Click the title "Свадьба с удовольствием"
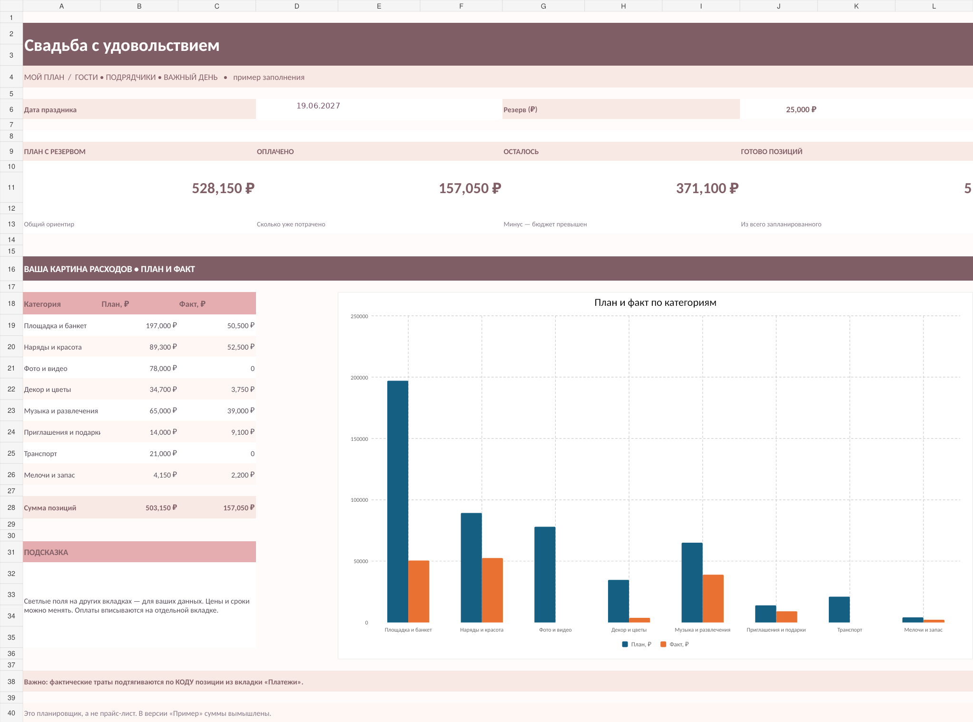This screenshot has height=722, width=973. tap(122, 46)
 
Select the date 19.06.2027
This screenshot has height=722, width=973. tap(318, 106)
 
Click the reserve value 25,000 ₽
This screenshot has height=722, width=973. tap(801, 109)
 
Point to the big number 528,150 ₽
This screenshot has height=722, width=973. tap(223, 188)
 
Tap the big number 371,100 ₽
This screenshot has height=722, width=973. tap(708, 188)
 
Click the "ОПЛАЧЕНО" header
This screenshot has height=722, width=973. tap(275, 152)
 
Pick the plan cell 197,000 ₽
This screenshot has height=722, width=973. tap(161, 326)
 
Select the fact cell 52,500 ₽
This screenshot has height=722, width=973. tap(241, 347)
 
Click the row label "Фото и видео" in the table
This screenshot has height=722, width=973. tap(46, 369)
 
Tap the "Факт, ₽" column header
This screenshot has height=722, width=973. tap(192, 304)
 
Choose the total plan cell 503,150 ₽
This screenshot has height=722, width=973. tap(161, 508)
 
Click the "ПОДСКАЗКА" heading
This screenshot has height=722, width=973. tap(46, 552)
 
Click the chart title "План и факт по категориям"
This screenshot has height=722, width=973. tap(655, 302)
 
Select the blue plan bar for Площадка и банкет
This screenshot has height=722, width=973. tap(398, 501)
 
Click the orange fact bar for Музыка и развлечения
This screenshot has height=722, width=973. tap(713, 598)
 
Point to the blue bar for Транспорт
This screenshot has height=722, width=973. tap(839, 610)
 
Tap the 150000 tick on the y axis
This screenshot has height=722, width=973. tap(359, 439)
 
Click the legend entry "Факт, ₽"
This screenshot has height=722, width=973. tap(675, 644)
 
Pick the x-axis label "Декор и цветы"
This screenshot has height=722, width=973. tap(629, 630)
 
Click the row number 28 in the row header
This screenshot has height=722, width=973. tap(11, 507)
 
